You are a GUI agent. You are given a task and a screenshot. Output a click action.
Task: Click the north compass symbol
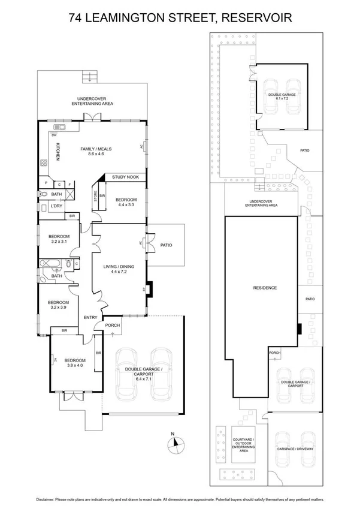click(174, 443)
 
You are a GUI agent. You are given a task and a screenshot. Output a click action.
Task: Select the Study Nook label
click(126, 177)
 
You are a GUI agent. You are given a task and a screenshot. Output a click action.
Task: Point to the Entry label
click(90, 318)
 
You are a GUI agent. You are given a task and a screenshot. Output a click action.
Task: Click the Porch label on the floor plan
click(113, 326)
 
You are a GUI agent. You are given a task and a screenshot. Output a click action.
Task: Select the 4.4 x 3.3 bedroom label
click(126, 203)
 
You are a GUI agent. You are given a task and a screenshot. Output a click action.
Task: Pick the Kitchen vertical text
click(58, 152)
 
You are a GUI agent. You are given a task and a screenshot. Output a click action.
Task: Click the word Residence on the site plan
click(264, 288)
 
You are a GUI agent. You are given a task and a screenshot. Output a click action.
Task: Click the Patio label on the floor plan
click(166, 244)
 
